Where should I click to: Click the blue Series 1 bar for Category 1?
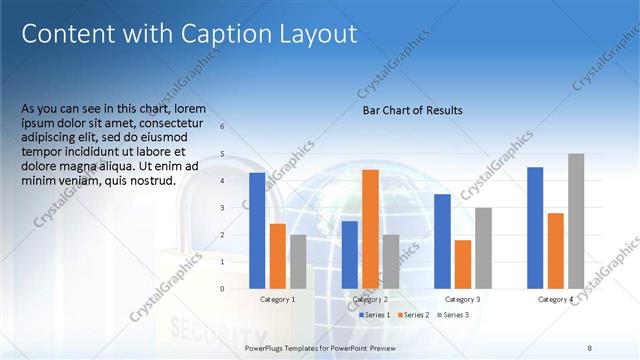pos(257,231)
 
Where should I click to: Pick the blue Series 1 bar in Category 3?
pos(442,241)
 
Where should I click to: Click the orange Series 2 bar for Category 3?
pos(462,264)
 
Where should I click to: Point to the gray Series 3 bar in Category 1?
pos(298,262)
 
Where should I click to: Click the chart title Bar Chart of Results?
pos(412,110)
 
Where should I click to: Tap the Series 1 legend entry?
pos(375,315)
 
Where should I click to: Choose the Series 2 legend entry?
pos(414,315)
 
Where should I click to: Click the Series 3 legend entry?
pos(452,315)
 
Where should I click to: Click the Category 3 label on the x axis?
pos(462,299)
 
